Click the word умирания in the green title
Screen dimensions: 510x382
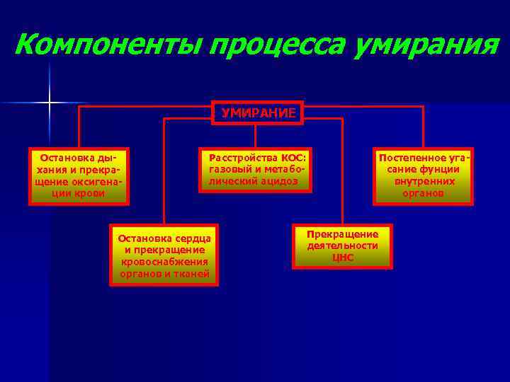[424, 46]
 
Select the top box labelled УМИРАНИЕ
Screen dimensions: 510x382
[258, 112]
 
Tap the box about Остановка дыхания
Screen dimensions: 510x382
[79, 176]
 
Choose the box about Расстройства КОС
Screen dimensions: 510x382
[255, 170]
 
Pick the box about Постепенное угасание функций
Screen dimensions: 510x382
[424, 175]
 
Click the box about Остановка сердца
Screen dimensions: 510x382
[164, 255]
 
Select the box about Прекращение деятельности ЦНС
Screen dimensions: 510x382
[343, 246]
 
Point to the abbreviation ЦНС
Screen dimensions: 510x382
[343, 257]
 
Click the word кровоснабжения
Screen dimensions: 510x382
[164, 262]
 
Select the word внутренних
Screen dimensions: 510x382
[424, 181]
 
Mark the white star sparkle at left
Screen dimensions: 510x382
[50, 103]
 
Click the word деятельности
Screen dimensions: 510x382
[343, 245]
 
